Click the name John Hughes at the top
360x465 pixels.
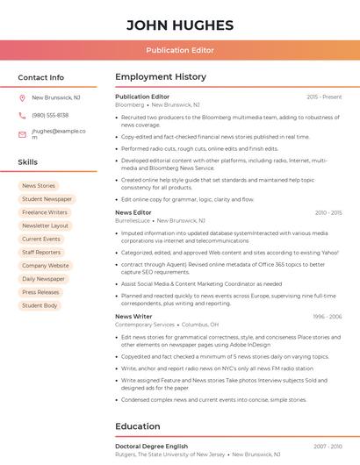click(x=180, y=25)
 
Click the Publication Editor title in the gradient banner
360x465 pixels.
click(x=180, y=50)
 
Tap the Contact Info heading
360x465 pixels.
click(x=40, y=77)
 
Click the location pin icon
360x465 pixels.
click(x=22, y=98)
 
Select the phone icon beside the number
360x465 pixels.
click(x=22, y=115)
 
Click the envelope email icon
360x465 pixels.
click(x=22, y=134)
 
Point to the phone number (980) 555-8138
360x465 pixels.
click(x=50, y=115)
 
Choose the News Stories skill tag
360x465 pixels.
click(x=39, y=186)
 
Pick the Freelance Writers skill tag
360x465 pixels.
click(x=45, y=212)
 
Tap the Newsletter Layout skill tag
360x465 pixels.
click(x=46, y=225)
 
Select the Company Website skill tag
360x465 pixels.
click(x=46, y=266)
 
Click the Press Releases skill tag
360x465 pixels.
click(x=40, y=292)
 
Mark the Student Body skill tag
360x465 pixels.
click(x=40, y=305)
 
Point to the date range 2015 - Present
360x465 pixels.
click(x=324, y=97)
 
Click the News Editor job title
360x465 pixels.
click(x=133, y=212)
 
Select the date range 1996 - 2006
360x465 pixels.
click(x=327, y=316)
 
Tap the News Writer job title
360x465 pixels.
click(x=133, y=316)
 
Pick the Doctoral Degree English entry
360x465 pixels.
click(x=152, y=447)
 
